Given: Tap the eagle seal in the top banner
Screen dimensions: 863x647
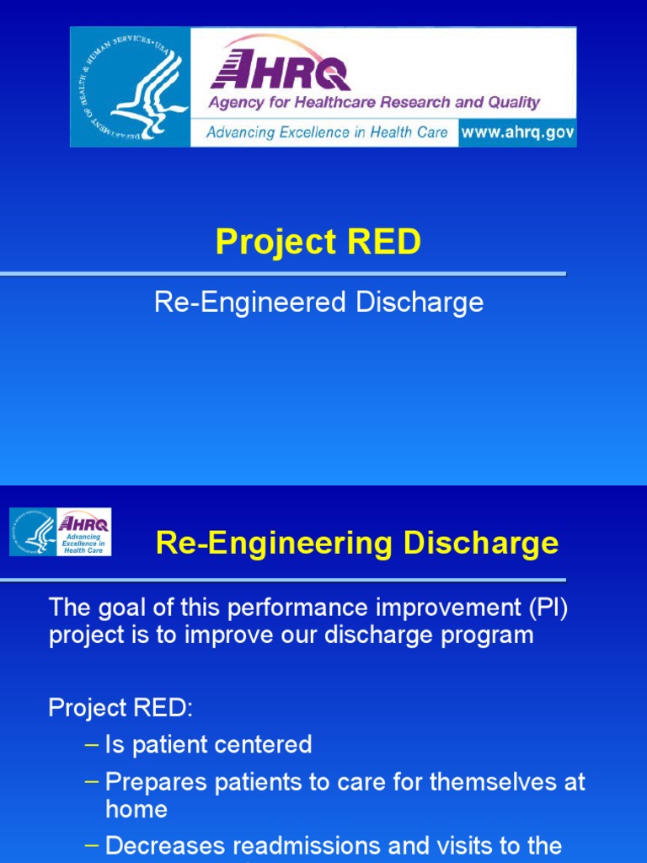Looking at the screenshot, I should pyautogui.click(x=131, y=87).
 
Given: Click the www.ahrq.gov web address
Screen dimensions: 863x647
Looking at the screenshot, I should pyautogui.click(x=517, y=133).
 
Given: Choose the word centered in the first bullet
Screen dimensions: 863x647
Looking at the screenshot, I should pyautogui.click(x=263, y=744).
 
